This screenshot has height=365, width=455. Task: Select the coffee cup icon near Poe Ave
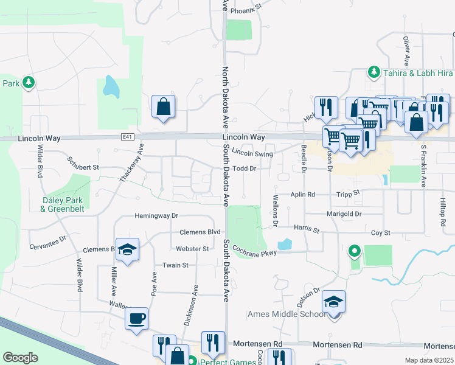coord(136,318)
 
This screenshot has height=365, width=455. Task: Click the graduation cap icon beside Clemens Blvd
coord(127,249)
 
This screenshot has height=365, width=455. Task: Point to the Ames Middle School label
coord(287,315)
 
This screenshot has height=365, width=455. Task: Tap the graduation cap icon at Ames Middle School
coord(333,302)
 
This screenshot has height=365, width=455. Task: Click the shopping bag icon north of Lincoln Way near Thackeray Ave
coord(164,107)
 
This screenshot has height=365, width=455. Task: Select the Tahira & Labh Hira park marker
coord(373,73)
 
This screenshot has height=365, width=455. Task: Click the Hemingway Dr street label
coord(156,216)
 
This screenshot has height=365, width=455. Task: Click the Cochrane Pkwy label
coord(254,252)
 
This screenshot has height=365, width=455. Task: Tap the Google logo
coord(20,358)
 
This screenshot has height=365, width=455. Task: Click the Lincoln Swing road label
coord(252,155)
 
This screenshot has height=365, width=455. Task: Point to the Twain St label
coord(175,265)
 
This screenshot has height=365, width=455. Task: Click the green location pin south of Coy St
coord(354,250)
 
